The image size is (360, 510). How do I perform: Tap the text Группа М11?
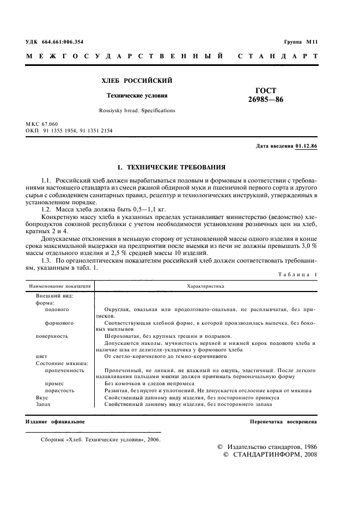click(x=301, y=41)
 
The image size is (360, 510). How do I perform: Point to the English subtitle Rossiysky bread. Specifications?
click(x=137, y=110)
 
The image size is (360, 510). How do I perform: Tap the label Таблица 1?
click(x=298, y=274)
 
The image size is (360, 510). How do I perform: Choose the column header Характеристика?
click(x=205, y=286)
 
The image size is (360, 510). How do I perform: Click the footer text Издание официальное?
click(x=55, y=422)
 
